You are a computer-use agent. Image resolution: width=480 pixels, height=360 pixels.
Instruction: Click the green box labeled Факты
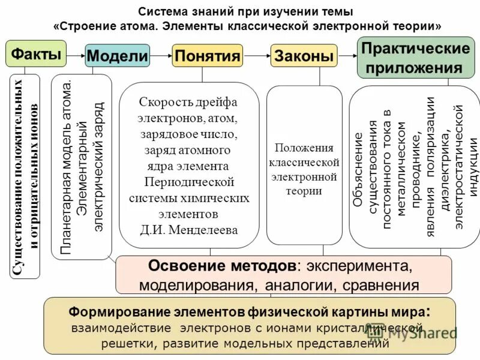tap(35, 55)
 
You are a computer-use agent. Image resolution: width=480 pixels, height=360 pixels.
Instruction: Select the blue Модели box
tap(118, 56)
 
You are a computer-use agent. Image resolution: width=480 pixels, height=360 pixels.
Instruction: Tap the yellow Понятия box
tap(207, 56)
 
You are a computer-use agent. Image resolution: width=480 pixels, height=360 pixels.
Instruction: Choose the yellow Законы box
tap(304, 56)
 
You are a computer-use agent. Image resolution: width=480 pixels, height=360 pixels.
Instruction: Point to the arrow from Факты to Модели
tap(75, 55)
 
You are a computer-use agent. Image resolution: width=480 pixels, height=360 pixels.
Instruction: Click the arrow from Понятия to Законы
tap(256, 56)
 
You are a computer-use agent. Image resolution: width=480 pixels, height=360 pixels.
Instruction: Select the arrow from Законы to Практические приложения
tap(346, 56)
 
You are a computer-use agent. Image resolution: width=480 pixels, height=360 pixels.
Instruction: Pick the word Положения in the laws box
tap(304, 148)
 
